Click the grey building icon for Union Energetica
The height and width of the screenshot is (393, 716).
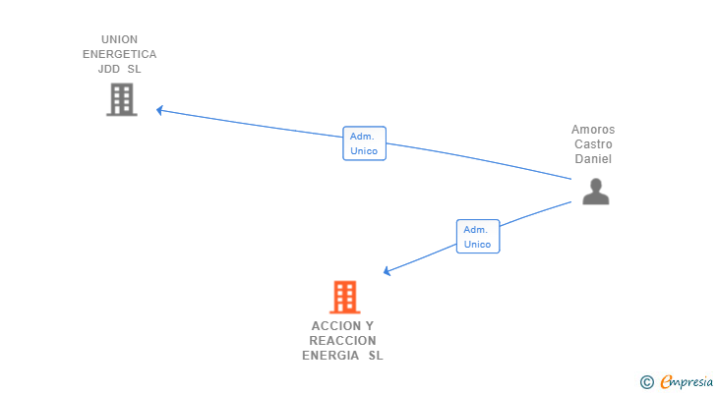click(121, 99)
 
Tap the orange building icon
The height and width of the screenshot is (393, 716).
click(343, 297)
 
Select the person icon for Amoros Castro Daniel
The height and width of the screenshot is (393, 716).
click(595, 191)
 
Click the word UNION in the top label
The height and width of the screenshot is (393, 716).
click(119, 39)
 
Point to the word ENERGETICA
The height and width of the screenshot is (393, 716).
click(119, 54)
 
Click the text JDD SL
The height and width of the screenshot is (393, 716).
click(119, 70)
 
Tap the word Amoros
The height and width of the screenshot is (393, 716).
click(593, 130)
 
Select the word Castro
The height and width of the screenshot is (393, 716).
click(593, 144)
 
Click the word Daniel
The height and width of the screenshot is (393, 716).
click(593, 158)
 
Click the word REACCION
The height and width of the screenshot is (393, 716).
click(342, 341)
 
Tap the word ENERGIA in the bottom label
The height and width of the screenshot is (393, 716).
click(331, 356)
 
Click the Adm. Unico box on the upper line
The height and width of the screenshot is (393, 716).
click(364, 143)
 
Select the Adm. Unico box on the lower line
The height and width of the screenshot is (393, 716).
click(477, 237)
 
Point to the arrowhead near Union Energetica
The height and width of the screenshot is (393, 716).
click(159, 110)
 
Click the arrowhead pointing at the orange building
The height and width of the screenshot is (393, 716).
click(388, 271)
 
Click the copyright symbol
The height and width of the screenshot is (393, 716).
click(646, 382)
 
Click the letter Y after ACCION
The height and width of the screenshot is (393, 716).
click(369, 326)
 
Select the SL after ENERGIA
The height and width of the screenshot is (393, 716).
click(375, 356)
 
